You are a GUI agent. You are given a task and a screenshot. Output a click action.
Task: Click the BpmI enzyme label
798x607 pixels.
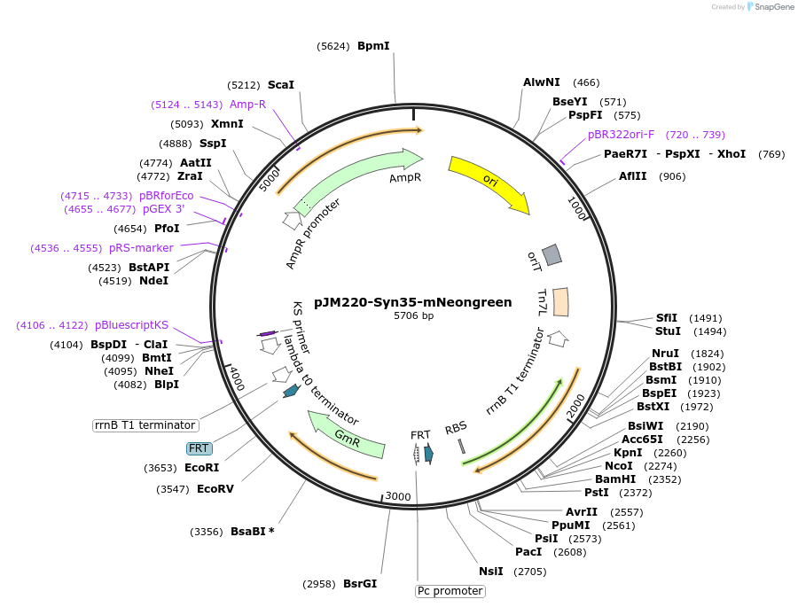pyautogui.click(x=373, y=45)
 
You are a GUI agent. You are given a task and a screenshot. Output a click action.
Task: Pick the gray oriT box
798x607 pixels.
pyautogui.click(x=552, y=255)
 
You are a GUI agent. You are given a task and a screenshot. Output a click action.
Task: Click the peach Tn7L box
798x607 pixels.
pyautogui.click(x=560, y=301)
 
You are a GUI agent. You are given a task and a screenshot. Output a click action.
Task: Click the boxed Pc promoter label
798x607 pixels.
pyautogui.click(x=450, y=590)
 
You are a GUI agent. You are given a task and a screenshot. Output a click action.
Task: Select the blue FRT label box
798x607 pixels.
pyautogui.click(x=199, y=448)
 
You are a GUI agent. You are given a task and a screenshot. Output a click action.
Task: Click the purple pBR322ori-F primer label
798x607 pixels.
pyautogui.click(x=621, y=135)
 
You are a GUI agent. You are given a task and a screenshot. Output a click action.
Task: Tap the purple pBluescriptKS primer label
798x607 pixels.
pyautogui.click(x=131, y=325)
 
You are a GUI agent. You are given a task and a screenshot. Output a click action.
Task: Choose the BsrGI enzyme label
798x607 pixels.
pyautogui.click(x=360, y=584)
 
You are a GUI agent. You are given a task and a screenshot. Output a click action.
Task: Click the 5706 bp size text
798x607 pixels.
pyautogui.click(x=413, y=315)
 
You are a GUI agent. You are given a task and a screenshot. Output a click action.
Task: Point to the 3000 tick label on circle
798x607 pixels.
pyautogui.click(x=398, y=496)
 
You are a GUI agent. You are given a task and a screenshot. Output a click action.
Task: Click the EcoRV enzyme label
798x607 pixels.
pyautogui.click(x=215, y=488)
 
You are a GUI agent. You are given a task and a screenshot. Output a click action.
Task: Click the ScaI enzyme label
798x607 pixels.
pyautogui.click(x=280, y=85)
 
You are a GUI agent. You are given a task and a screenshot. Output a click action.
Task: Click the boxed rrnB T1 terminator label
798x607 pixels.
pyautogui.click(x=144, y=425)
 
